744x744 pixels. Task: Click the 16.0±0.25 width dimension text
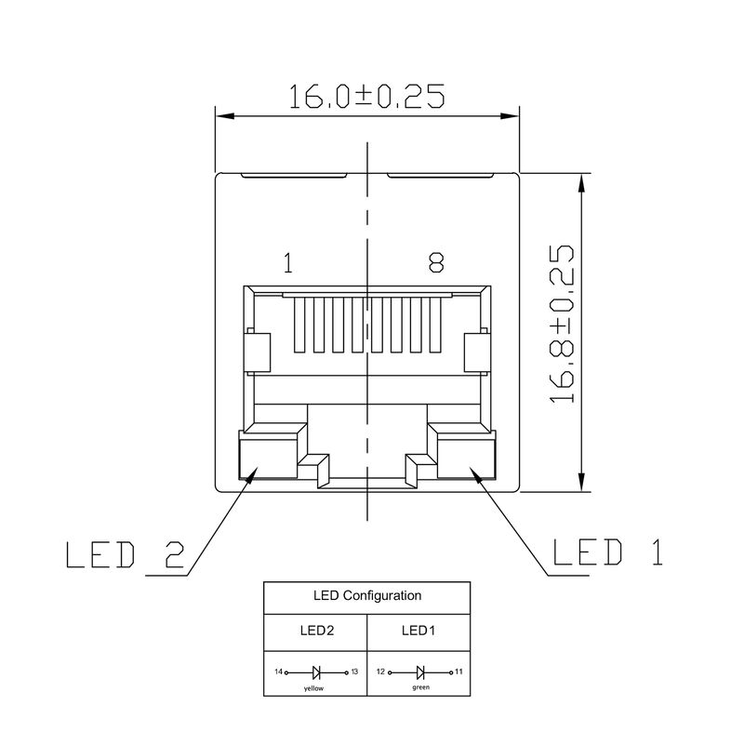366,97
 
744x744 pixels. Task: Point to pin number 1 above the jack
287,264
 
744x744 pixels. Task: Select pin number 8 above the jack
435,264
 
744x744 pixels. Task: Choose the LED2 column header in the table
316,631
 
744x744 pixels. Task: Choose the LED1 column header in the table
419,631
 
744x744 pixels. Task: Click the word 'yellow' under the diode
316,689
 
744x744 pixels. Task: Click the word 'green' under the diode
420,688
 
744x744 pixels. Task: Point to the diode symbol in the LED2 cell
317,671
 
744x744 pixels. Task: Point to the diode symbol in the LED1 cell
420,671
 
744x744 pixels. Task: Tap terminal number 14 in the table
278,671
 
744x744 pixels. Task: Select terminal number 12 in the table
381,671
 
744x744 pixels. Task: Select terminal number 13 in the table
354,671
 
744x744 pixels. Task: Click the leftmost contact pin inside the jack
299,325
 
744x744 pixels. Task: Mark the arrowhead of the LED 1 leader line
477,474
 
